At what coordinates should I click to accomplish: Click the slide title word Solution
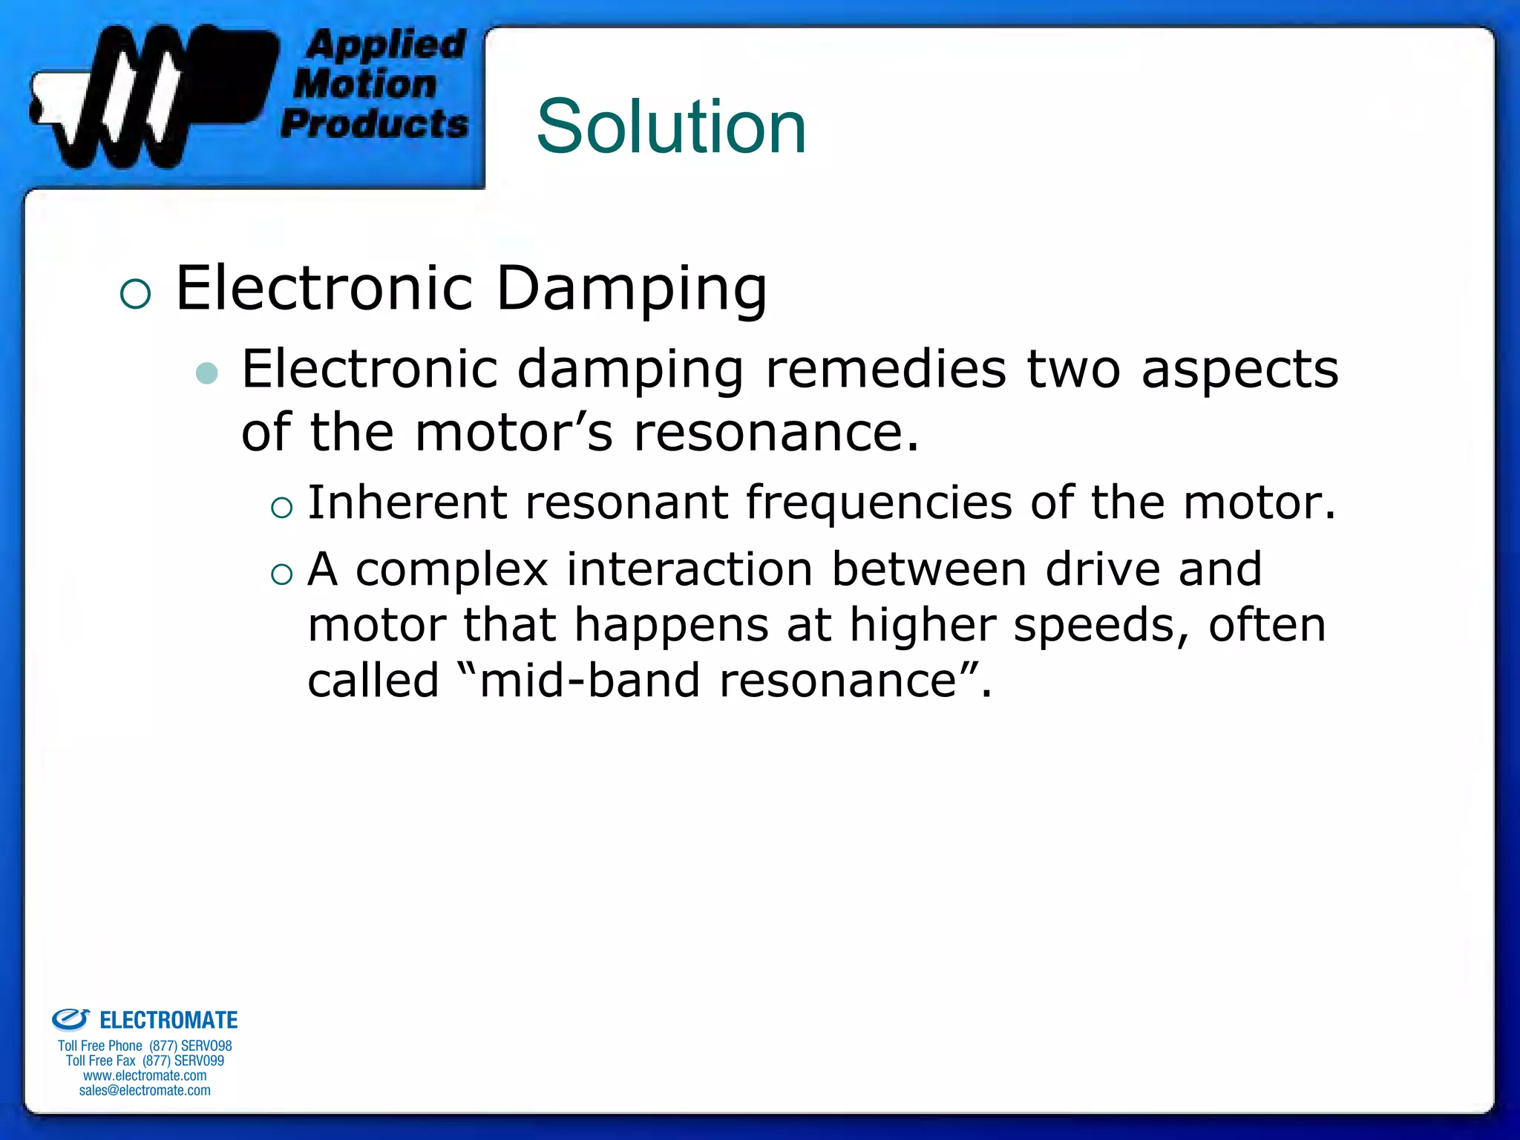click(x=671, y=127)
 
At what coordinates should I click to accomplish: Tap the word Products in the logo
click(x=375, y=123)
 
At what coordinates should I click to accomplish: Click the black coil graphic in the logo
click(x=148, y=96)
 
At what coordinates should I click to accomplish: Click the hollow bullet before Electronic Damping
click(x=135, y=294)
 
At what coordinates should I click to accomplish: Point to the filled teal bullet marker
click(x=207, y=373)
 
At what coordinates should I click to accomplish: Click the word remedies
click(x=885, y=369)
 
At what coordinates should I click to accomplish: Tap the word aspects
click(x=1239, y=370)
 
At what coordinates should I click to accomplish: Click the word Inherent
click(x=407, y=502)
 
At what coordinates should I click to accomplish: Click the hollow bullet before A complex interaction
click(x=282, y=574)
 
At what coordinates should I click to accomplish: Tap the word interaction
click(x=689, y=569)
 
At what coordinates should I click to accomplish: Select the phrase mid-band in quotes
click(x=589, y=681)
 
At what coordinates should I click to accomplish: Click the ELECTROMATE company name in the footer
click(x=168, y=1021)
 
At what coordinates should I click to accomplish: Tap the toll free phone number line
click(x=145, y=1046)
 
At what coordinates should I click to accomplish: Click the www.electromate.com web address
click(x=145, y=1075)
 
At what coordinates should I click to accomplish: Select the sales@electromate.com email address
click(x=145, y=1090)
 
